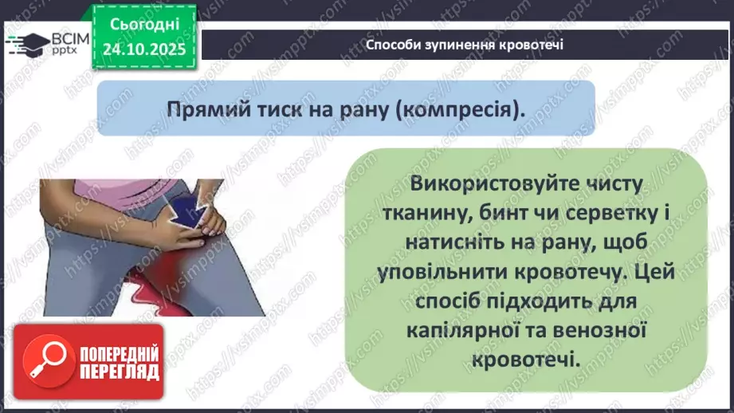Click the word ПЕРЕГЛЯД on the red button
pyautogui.click(x=119, y=371)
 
